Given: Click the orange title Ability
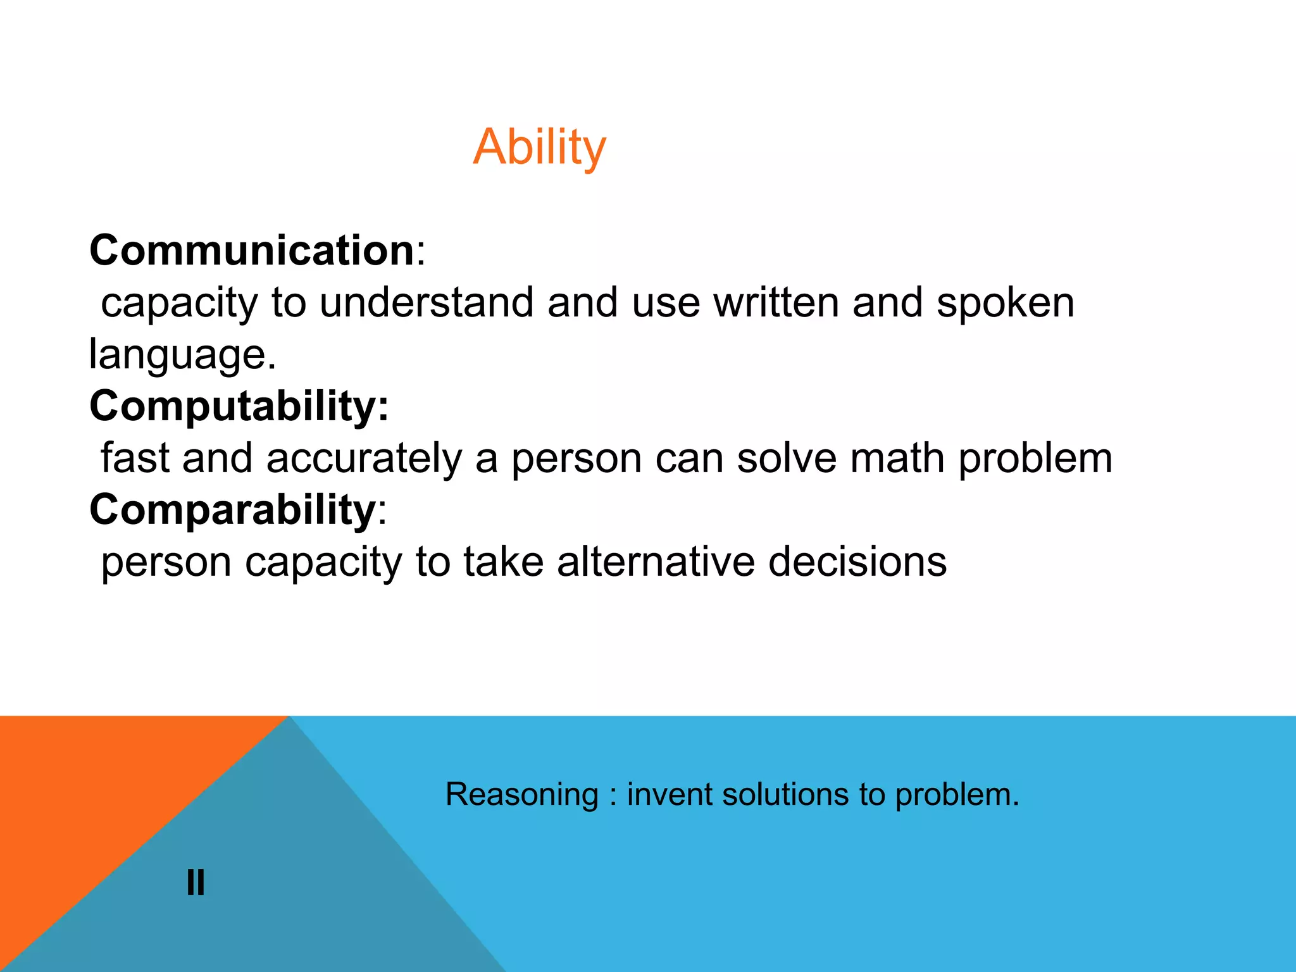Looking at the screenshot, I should pyautogui.click(x=539, y=147).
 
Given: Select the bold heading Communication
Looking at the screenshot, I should pyautogui.click(x=252, y=251).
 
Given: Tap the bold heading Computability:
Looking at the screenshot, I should pyautogui.click(x=239, y=406).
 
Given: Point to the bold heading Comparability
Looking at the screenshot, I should pyautogui.click(x=233, y=509).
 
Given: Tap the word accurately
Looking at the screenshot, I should pyautogui.click(x=364, y=458).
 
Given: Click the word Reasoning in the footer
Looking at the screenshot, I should pyautogui.click(x=522, y=795).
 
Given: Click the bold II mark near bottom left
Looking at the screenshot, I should pyautogui.click(x=196, y=882).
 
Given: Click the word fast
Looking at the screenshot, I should pyautogui.click(x=135, y=458).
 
